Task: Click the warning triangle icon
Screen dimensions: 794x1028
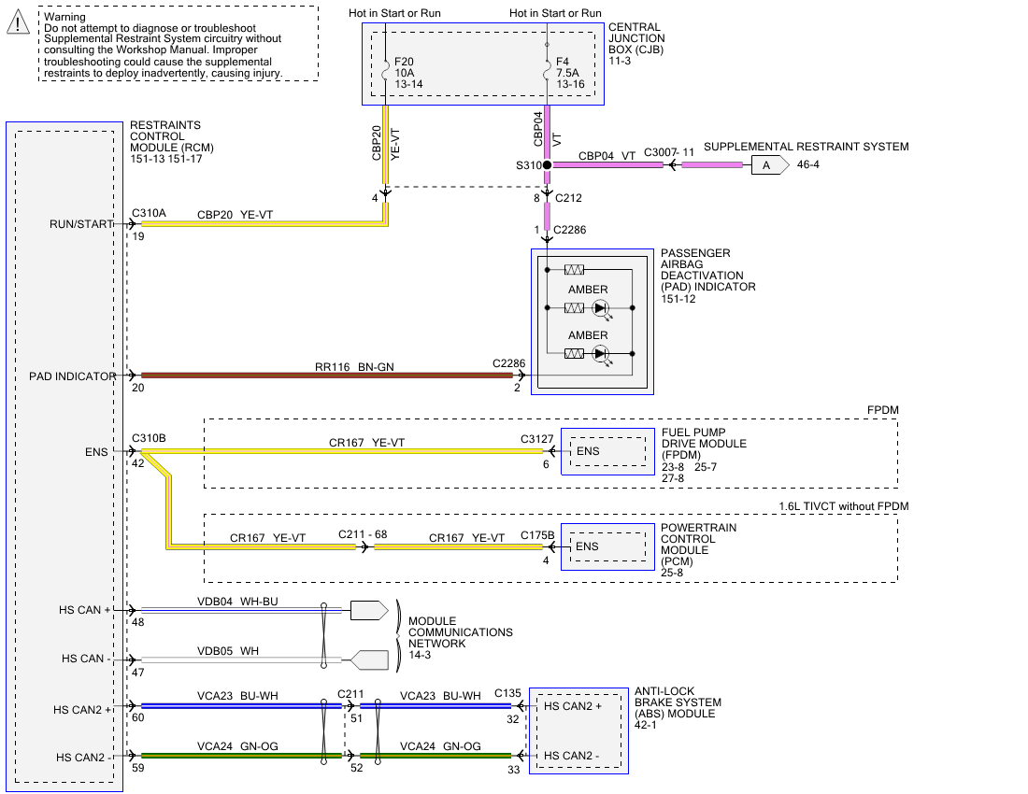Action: pyautogui.click(x=18, y=22)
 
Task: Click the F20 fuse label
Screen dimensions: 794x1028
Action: pyautogui.click(x=404, y=62)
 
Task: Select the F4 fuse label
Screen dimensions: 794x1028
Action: pyautogui.click(x=563, y=62)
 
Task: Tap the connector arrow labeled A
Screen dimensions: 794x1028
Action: pyautogui.click(x=769, y=165)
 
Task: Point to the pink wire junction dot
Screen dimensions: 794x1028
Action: pyautogui.click(x=547, y=165)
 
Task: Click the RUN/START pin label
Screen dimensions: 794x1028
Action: pyautogui.click(x=81, y=224)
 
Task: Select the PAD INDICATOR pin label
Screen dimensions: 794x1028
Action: pyautogui.click(x=73, y=376)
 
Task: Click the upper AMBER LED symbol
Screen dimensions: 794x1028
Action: pyautogui.click(x=601, y=307)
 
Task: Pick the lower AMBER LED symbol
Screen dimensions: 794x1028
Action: pyautogui.click(x=601, y=353)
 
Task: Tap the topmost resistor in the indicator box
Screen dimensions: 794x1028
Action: pyautogui.click(x=574, y=270)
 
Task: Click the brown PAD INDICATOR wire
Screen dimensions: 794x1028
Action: pyautogui.click(x=327, y=376)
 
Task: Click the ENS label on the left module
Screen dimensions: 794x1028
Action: pyautogui.click(x=96, y=452)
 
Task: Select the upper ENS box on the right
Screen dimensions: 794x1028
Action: pyautogui.click(x=607, y=452)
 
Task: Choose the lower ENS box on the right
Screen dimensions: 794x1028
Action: pyautogui.click(x=607, y=546)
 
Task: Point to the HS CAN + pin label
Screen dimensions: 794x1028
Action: pyautogui.click(x=84, y=610)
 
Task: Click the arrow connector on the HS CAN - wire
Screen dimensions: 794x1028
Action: pyautogui.click(x=369, y=660)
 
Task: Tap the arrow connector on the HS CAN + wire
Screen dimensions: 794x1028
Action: pyautogui.click(x=368, y=611)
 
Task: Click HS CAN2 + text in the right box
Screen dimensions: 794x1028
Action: pyautogui.click(x=573, y=706)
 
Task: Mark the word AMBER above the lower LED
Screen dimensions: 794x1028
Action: pyautogui.click(x=588, y=335)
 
